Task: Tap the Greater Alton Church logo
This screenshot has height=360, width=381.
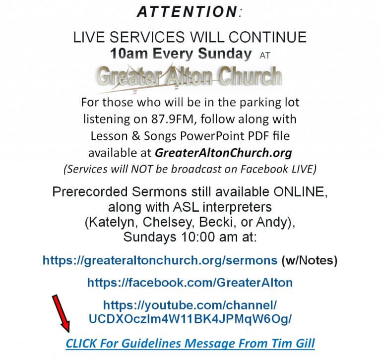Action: tap(189, 77)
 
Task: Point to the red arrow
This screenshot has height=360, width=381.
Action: tap(61, 313)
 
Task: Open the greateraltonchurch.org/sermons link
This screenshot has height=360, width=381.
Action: tap(160, 260)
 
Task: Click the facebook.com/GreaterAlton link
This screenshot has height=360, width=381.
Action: tap(190, 283)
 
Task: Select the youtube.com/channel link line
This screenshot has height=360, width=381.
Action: tap(190, 305)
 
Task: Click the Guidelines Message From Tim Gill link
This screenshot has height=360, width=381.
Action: tap(190, 344)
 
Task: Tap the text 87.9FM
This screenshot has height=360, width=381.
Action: tap(174, 119)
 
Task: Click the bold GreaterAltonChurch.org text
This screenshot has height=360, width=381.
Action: tap(223, 153)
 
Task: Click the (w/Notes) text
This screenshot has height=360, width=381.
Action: tap(310, 260)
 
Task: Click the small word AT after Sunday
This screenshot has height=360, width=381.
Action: tap(264, 56)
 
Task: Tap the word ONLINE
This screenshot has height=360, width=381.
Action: tap(300, 192)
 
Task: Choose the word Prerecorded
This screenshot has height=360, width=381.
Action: tap(90, 192)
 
